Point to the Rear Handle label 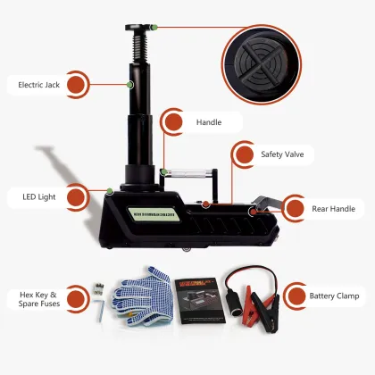point(333,209)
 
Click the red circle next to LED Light point(76,196)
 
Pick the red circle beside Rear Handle point(296,209)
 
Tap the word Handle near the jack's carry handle point(207,121)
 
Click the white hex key point(102,309)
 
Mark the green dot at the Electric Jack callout point(130,85)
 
